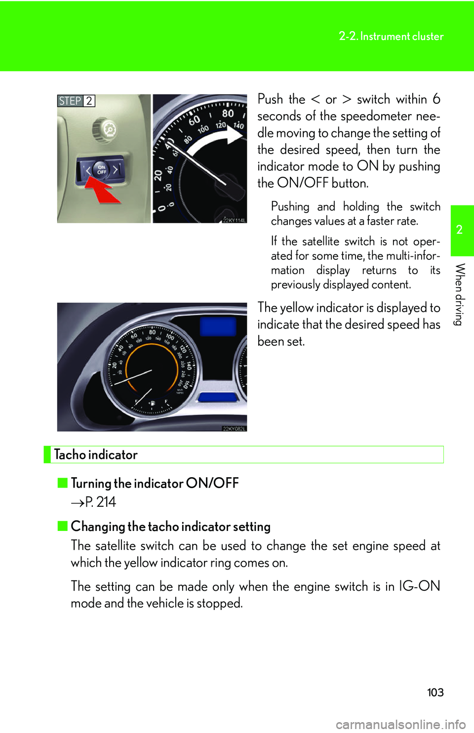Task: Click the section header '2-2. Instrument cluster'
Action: coord(391,36)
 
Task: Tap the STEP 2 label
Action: coord(76,101)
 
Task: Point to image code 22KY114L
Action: coord(234,220)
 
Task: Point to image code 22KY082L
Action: coord(234,428)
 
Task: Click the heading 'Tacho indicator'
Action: coord(96,454)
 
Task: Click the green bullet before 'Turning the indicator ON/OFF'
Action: coord(62,483)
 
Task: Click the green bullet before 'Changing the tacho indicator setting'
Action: coord(62,526)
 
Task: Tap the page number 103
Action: coord(435,692)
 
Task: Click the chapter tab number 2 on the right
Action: coord(460,230)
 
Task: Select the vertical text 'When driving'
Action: coord(460,294)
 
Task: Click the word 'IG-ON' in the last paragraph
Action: coord(419,586)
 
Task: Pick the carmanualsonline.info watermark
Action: coord(400,724)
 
